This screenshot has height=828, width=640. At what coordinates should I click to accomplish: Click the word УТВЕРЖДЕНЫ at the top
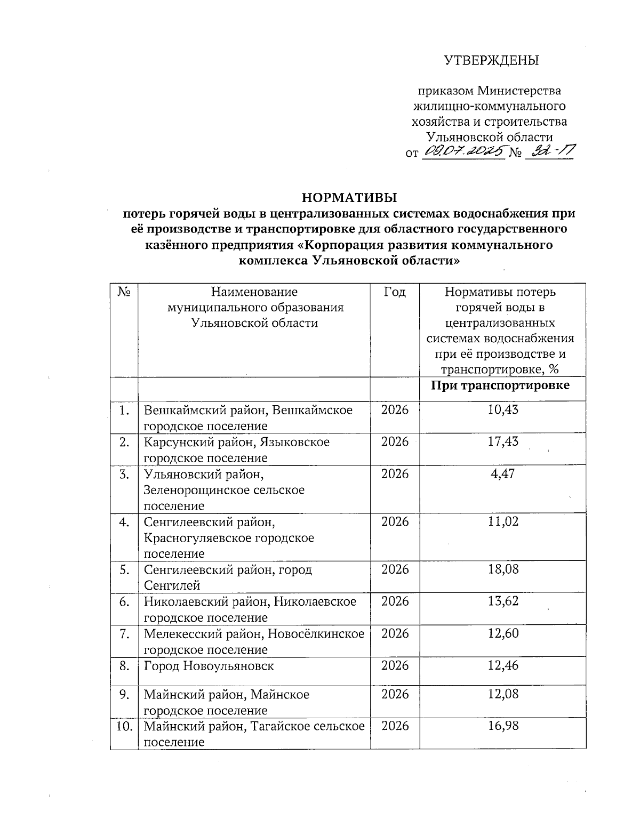pos(492,60)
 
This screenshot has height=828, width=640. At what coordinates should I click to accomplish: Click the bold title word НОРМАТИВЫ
pos(349,198)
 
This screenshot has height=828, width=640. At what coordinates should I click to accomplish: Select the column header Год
pos(395,292)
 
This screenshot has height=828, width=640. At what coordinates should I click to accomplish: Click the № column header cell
pos(124,292)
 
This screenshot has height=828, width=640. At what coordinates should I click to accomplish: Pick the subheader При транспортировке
pos(500,385)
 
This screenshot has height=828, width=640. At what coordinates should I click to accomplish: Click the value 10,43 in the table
pos(503,410)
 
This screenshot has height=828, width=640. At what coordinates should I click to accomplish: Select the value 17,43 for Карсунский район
pos(503,442)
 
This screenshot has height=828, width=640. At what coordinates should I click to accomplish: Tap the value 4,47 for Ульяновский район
pos(503,474)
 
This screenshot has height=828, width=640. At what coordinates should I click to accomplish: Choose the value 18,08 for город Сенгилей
pos(503,569)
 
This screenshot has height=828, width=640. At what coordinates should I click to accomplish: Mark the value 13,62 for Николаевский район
pos(503,601)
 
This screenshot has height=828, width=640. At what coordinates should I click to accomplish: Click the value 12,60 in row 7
pos(503,633)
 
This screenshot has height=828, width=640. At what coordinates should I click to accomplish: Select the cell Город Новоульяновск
pos(209,666)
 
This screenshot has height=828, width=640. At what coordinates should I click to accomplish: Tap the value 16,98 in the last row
pos(503,726)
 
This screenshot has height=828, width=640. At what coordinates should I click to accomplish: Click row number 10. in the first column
pos(124,726)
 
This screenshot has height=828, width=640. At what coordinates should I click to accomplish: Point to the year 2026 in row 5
pos(395,569)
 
